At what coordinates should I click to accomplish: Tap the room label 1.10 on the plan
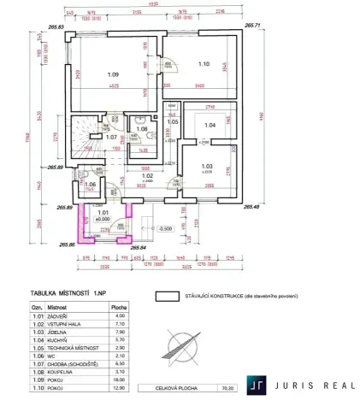click(x=204, y=63)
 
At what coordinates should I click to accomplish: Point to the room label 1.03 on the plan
click(x=206, y=166)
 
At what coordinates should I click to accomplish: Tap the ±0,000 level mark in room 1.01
click(x=104, y=219)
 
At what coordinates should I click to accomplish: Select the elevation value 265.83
click(x=57, y=28)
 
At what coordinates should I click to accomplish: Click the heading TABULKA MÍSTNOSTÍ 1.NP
click(x=68, y=292)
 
